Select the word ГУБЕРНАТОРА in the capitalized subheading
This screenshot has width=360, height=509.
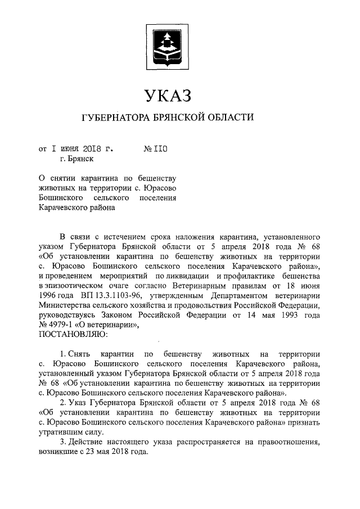tap(115, 118)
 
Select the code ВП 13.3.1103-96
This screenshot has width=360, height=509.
tap(93, 294)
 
